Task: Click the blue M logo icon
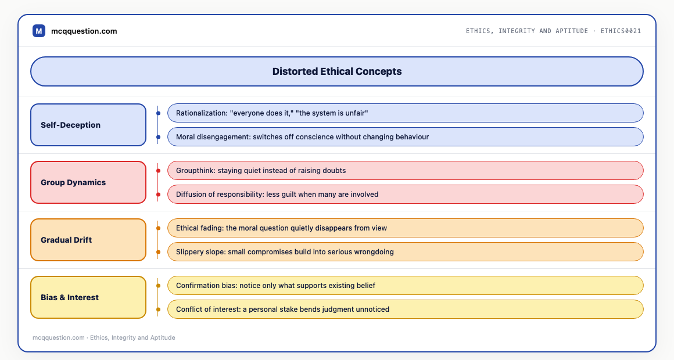point(39,31)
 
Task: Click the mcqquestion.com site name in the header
point(84,31)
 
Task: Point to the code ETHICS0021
point(621,31)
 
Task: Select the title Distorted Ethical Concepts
point(337,71)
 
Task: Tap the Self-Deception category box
point(88,125)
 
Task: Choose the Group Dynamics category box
point(88,182)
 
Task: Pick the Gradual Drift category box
point(88,240)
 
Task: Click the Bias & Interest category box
point(88,298)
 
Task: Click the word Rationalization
point(200,113)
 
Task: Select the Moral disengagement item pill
point(406,137)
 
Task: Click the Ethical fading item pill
point(406,228)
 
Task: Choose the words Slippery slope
point(200,252)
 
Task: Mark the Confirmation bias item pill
point(406,286)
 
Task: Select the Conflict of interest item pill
point(406,309)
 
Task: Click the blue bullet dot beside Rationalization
point(158,113)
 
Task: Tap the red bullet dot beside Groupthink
point(158,171)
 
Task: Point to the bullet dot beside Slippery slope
point(158,252)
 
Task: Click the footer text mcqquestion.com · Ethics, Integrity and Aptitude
point(103,338)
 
